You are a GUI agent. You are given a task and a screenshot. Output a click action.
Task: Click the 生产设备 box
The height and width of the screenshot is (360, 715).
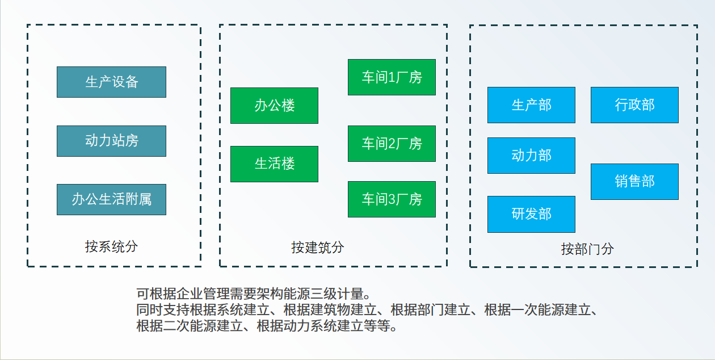point(111,82)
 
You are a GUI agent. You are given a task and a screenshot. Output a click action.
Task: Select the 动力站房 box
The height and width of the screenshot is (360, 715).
point(111,141)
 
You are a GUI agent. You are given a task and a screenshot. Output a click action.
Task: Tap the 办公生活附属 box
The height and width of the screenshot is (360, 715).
point(111,200)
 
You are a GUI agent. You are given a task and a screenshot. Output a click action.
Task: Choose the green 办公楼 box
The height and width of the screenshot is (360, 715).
point(274,106)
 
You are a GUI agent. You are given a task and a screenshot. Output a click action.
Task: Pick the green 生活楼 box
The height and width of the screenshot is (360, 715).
point(274,164)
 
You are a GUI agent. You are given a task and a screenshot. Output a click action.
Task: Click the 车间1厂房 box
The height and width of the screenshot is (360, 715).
point(392,77)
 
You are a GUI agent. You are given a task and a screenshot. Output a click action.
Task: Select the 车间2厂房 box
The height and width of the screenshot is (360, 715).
point(392,144)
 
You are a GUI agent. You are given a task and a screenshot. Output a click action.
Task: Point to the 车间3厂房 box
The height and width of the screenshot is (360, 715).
point(392,199)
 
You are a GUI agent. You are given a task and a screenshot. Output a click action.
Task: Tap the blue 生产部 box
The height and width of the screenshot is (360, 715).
point(531,105)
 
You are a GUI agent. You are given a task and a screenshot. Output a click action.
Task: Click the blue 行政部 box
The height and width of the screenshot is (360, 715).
point(634,105)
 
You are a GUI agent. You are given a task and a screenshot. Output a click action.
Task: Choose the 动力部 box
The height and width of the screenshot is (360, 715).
point(531,156)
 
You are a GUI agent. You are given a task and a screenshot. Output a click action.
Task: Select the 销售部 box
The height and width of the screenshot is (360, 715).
point(634,182)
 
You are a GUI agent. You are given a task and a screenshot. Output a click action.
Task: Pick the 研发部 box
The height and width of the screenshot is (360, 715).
point(531,214)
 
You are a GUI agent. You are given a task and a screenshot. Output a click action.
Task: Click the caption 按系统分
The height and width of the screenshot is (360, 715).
point(111,246)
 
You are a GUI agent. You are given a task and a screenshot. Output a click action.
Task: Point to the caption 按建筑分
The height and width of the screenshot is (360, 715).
point(318,248)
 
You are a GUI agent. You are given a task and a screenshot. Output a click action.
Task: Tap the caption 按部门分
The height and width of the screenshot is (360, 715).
point(587,249)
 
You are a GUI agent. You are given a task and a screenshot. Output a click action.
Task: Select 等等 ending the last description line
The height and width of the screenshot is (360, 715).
point(377,326)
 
